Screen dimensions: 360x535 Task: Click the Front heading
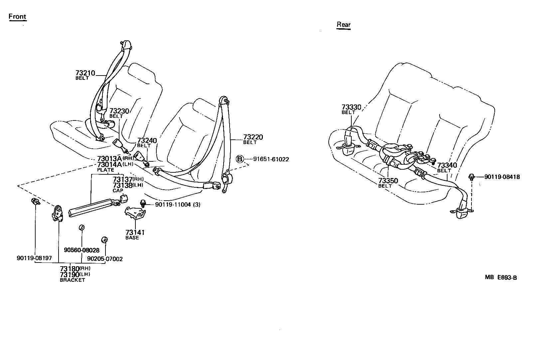click(x=17, y=16)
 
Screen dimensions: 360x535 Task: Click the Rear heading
click(x=343, y=24)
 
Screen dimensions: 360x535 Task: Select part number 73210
click(x=85, y=73)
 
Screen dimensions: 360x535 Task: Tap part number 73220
click(x=253, y=137)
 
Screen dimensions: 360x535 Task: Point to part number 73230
click(x=119, y=111)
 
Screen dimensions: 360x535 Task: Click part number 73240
click(x=147, y=140)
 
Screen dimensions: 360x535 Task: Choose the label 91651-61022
click(x=271, y=159)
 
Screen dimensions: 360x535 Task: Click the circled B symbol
click(x=240, y=159)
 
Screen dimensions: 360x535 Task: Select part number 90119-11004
click(x=173, y=205)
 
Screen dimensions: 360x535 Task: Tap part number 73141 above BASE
click(x=135, y=232)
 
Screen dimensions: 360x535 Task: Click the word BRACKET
click(x=72, y=280)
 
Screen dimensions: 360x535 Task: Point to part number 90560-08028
click(x=82, y=250)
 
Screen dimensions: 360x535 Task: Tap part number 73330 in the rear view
click(x=351, y=107)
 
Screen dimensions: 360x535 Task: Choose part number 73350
click(x=388, y=181)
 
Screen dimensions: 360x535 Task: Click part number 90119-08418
click(x=502, y=177)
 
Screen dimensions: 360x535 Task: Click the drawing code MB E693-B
click(x=500, y=278)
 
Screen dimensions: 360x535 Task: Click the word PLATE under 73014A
click(x=105, y=170)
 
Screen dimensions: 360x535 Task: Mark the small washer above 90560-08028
click(x=81, y=228)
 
